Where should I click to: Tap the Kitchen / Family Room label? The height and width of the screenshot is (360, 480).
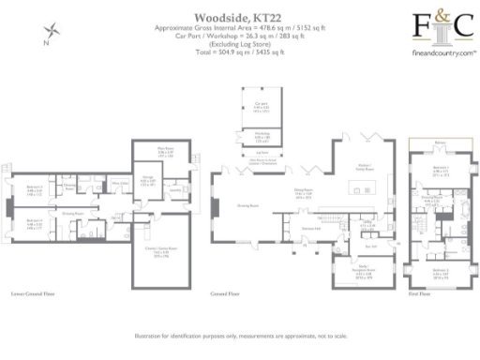tap(362, 167)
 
